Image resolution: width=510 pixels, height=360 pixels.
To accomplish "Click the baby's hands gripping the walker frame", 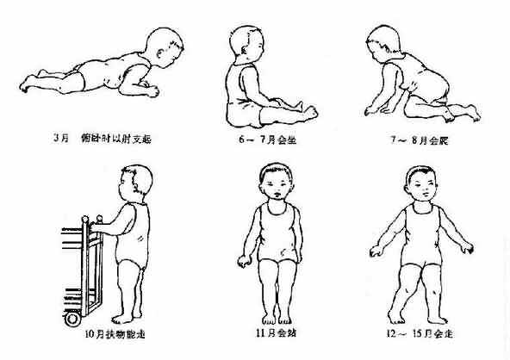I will (97, 226).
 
